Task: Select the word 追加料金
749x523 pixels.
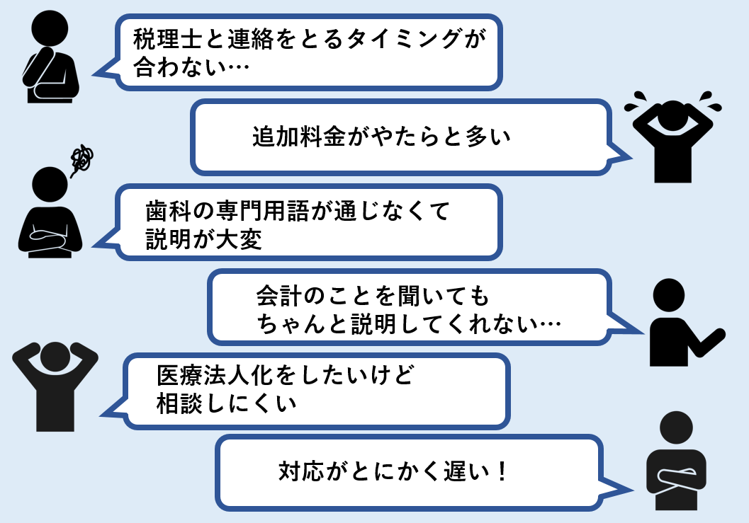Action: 299,137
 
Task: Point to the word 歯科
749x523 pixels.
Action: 169,211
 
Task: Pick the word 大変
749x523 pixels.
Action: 239,239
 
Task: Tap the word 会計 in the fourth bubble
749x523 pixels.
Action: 279,296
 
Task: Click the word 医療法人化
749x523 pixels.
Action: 215,376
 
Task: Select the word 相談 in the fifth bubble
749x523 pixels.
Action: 180,403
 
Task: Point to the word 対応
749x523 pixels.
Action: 302,471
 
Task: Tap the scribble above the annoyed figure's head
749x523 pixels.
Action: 81,159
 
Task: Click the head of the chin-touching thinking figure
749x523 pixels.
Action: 50,28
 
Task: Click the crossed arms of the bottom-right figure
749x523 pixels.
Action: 675,476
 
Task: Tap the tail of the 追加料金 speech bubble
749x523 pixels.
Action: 620,155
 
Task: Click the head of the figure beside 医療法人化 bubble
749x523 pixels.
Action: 55,357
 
